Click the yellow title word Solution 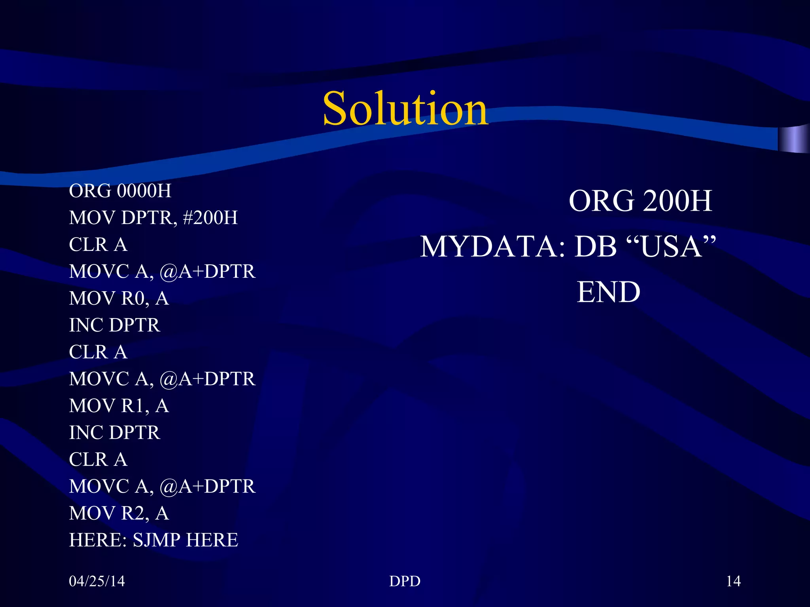click(405, 109)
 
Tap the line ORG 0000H click(120, 191)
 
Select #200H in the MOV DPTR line click(211, 218)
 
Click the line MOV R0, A click(119, 298)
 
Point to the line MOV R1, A click(119, 406)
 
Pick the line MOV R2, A click(119, 513)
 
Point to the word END click(608, 292)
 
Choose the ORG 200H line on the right click(640, 201)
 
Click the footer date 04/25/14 click(97, 581)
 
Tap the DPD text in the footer click(405, 581)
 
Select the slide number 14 click(733, 581)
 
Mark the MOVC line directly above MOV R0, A click(162, 271)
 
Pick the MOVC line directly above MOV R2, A click(162, 486)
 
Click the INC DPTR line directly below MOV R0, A click(115, 325)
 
